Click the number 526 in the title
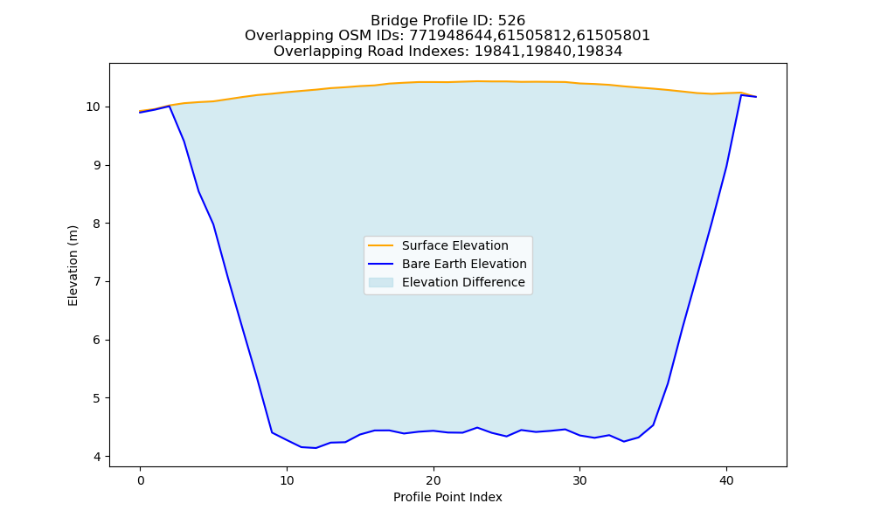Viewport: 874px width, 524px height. (511, 21)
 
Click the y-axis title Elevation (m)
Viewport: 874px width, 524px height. (73, 265)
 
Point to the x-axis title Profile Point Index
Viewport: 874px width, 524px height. (447, 497)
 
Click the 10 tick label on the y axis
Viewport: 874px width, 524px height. (94, 107)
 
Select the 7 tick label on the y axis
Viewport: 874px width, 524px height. (98, 282)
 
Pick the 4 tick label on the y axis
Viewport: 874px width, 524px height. (98, 457)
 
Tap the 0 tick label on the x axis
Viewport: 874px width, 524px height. (141, 480)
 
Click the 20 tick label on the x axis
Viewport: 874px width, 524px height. (434, 480)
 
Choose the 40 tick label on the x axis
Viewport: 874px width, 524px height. (726, 480)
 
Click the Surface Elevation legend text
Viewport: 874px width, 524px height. (454, 245)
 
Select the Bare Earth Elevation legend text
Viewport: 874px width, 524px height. (464, 264)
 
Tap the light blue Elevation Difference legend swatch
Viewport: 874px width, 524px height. (381, 282)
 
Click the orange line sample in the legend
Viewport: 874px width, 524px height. (381, 245)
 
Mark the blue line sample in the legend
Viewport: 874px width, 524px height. (381, 264)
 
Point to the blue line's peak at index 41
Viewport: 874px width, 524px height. (741, 95)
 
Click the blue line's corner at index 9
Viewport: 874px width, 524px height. (272, 432)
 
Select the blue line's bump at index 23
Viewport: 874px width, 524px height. (476, 428)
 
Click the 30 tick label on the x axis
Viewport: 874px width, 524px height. (579, 480)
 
